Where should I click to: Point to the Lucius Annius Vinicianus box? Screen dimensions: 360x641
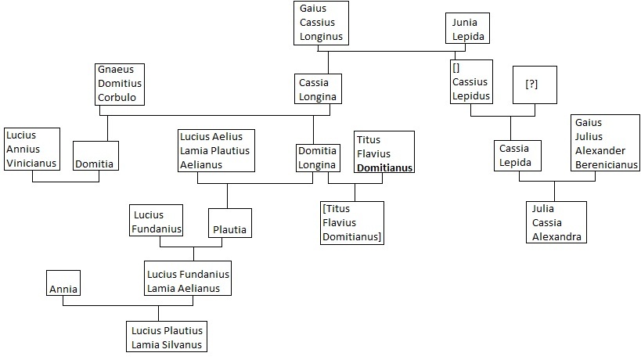[31, 147]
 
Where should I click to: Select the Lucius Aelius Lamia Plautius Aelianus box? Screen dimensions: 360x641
[216, 150]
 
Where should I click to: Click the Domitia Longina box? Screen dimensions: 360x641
[317, 158]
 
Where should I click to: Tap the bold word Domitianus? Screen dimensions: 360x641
[384, 167]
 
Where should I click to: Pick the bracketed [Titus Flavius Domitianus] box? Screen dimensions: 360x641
[352, 222]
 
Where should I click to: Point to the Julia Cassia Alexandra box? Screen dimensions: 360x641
[556, 221]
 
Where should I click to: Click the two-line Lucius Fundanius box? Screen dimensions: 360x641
[157, 221]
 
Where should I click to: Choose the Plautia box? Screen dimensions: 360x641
[230, 223]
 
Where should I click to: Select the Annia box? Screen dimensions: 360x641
[63, 283]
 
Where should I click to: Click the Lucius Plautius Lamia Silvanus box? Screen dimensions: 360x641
[167, 335]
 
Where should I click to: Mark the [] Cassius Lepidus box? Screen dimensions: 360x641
[470, 81]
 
